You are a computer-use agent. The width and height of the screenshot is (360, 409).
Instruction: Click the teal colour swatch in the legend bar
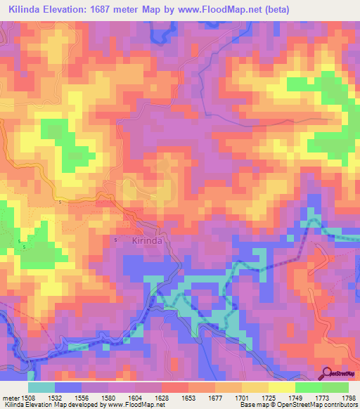click(x=41, y=387)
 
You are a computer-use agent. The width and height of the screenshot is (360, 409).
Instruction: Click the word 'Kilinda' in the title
click(x=27, y=8)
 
